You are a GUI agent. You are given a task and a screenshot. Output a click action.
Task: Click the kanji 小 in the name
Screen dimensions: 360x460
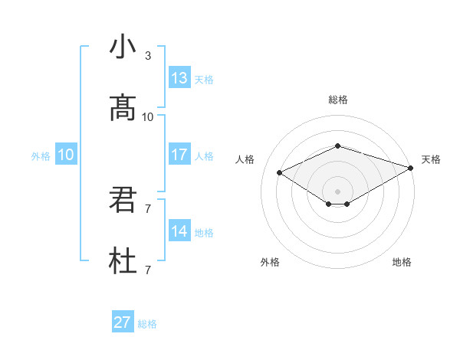[x=123, y=47]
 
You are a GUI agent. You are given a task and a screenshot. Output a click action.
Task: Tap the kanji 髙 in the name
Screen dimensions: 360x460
[x=123, y=109]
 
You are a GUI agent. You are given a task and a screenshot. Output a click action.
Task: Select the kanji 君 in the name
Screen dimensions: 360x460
[x=123, y=201]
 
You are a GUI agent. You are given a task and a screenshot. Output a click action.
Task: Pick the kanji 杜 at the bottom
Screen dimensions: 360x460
[x=123, y=263]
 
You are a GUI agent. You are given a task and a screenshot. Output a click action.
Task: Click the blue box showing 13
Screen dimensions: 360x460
[x=179, y=78]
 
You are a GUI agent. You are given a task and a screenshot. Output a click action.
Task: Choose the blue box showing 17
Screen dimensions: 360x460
[x=179, y=155]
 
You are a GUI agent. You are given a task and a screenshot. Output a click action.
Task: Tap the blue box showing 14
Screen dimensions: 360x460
[x=179, y=231]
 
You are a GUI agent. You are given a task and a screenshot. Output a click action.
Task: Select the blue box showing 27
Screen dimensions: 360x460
[x=123, y=322]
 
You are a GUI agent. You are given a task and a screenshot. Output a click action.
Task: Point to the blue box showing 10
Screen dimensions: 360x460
[x=66, y=155]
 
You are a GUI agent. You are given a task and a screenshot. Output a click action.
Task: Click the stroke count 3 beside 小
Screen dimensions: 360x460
[x=148, y=56]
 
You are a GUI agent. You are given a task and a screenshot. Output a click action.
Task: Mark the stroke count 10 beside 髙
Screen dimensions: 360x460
[x=148, y=117]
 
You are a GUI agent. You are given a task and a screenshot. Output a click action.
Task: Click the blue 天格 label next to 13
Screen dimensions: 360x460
[x=204, y=79]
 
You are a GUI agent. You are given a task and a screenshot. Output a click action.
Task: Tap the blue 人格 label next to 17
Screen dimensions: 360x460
[x=204, y=155]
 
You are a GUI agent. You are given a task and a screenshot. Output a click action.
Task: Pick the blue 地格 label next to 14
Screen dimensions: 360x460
[x=204, y=232]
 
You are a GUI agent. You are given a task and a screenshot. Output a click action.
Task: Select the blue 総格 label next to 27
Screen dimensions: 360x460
[x=147, y=323]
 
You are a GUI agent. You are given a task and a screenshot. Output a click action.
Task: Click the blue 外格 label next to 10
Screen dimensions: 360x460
[x=41, y=155]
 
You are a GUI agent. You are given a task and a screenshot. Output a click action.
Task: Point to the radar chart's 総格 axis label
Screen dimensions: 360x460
[x=337, y=100]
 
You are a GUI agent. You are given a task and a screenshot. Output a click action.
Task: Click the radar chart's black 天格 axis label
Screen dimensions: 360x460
[x=431, y=159]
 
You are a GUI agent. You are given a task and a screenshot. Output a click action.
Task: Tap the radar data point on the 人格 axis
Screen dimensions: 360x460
[x=280, y=172]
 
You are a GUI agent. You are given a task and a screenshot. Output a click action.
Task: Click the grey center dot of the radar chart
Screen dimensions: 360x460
[x=337, y=191]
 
